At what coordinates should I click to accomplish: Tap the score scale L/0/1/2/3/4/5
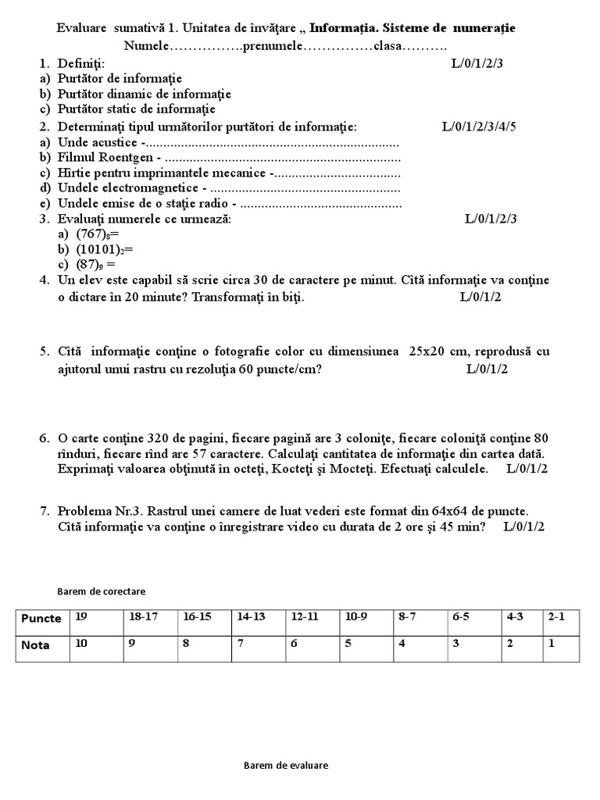pyautogui.click(x=479, y=126)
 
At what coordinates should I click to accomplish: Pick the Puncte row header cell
pyautogui.click(x=41, y=618)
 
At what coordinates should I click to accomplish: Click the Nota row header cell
pyautogui.click(x=36, y=646)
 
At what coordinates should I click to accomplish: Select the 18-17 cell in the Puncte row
pyautogui.click(x=144, y=616)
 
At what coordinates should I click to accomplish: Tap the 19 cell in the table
pyautogui.click(x=82, y=616)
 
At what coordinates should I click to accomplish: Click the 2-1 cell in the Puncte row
pyautogui.click(x=556, y=616)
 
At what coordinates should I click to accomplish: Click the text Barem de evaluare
pyautogui.click(x=286, y=766)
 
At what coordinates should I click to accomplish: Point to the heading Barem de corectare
pyautogui.click(x=102, y=591)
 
